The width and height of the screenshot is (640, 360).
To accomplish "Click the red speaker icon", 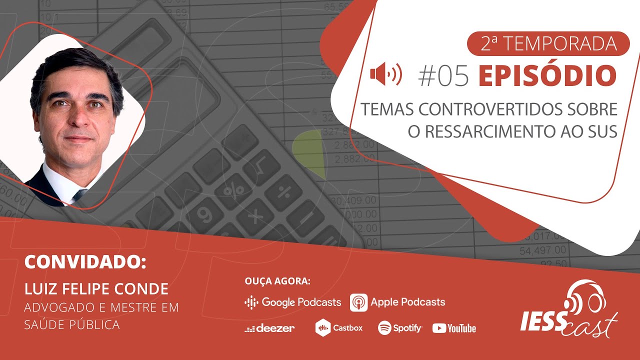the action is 386,74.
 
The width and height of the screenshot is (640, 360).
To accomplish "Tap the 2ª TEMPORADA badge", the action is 548,43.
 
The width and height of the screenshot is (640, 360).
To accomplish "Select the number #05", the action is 443,75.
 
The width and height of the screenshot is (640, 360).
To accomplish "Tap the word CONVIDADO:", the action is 85,261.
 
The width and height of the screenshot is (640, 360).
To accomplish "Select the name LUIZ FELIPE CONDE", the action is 96,289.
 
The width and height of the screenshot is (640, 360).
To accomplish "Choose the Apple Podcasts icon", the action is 359,302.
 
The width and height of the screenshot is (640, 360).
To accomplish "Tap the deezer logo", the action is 269,328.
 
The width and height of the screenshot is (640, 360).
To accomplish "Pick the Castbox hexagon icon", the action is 323,327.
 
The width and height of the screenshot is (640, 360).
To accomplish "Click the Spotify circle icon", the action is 384,327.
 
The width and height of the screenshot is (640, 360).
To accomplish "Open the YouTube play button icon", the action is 439,328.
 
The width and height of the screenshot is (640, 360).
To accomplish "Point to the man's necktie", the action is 79,195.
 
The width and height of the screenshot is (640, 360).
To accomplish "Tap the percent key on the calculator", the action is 233,189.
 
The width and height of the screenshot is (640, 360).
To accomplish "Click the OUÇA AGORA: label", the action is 277,281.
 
